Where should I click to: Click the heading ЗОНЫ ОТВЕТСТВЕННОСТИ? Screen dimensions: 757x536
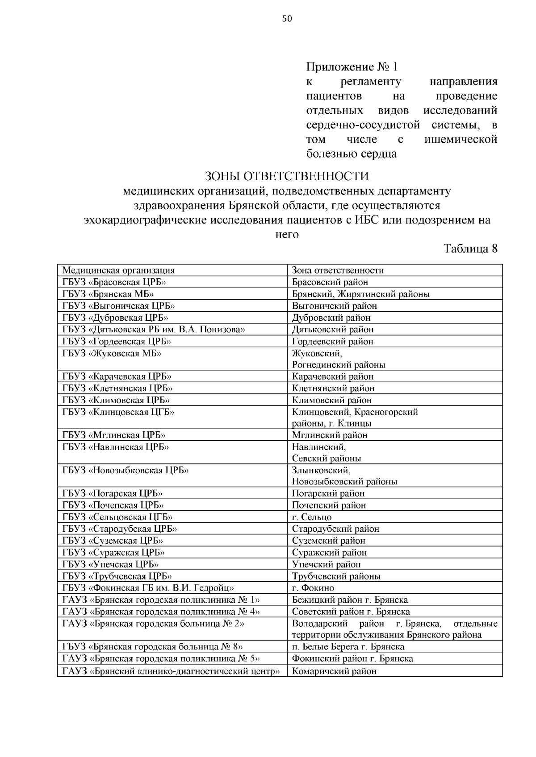[x=287, y=177]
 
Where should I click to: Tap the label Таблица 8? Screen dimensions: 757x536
[x=470, y=248]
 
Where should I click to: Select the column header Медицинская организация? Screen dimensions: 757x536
[x=118, y=270]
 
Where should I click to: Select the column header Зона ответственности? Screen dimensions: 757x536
[x=338, y=270]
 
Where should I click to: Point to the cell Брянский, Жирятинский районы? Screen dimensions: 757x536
[x=361, y=294]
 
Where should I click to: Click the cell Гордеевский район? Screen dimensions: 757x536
[x=333, y=341]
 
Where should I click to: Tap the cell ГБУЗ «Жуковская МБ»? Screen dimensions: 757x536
[x=112, y=353]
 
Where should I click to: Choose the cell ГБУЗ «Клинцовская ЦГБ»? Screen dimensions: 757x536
[x=118, y=412]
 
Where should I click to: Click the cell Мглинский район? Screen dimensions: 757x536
[x=330, y=435]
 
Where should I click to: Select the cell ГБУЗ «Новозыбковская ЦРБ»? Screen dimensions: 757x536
[x=126, y=470]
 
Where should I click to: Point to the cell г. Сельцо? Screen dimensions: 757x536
[x=312, y=517]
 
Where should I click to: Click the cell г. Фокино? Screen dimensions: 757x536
[x=313, y=588]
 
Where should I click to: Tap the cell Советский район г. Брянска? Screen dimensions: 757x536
[x=351, y=612]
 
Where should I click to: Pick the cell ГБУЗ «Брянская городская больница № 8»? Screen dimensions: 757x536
[x=152, y=647]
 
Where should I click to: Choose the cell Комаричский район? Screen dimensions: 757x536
[x=334, y=671]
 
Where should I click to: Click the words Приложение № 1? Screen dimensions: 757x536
[x=352, y=67]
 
